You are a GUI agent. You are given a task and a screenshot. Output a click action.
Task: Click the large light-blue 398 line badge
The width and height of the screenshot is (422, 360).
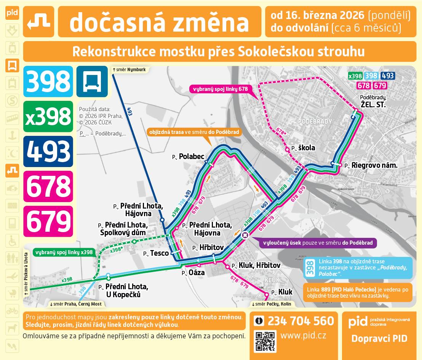pos(48,81)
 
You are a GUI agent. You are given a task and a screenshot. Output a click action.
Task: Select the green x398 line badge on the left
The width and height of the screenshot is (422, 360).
pos(48,116)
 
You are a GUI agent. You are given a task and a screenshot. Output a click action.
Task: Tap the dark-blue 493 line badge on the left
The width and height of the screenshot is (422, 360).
pos(48,151)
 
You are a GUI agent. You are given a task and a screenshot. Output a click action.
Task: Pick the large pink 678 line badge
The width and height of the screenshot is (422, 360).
pos(48,186)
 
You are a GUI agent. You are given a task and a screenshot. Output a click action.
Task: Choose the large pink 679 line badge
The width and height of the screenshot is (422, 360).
pos(48,221)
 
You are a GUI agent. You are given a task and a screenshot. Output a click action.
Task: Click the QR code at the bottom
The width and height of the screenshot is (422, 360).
pos(265,341)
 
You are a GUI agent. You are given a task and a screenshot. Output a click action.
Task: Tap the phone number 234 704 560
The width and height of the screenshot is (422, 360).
pos(301,321)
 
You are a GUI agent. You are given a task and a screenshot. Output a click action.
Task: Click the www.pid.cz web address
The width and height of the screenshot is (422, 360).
pos(303,336)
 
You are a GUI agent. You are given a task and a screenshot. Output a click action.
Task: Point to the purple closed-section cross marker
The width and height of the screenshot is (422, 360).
pos(245,235)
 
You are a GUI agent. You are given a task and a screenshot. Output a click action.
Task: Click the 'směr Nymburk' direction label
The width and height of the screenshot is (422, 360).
pos(129,70)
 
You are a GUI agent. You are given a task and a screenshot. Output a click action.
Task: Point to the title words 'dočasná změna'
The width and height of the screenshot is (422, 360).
pos(159,22)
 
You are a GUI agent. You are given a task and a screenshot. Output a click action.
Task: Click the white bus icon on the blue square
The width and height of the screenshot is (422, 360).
pos(92,81)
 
